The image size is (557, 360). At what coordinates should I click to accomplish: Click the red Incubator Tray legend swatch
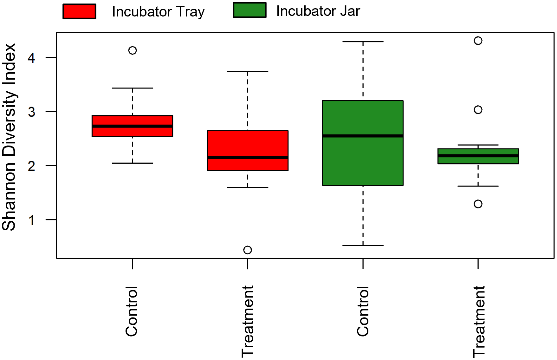(79, 12)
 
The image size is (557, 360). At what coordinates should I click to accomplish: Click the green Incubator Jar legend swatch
(249, 10)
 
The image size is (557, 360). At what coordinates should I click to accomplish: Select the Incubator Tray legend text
(158, 12)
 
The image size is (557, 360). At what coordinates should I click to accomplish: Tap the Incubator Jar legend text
(318, 11)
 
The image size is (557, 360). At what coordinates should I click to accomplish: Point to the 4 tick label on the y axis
(31, 58)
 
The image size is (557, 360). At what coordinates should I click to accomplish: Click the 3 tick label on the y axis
(31, 112)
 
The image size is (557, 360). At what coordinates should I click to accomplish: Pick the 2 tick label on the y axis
(31, 166)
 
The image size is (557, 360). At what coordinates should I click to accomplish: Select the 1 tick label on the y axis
(31, 220)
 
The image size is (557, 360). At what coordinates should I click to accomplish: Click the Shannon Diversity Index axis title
(9, 137)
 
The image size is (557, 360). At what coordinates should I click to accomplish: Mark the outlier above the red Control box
(133, 50)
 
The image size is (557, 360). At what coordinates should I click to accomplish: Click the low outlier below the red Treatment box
(248, 250)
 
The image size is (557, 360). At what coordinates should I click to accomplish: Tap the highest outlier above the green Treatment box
(478, 41)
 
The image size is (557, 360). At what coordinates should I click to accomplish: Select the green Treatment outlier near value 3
(478, 110)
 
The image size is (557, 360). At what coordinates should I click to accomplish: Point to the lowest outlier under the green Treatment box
(478, 204)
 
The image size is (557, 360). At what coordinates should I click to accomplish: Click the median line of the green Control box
(363, 136)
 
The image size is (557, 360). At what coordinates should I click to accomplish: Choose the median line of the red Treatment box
(248, 157)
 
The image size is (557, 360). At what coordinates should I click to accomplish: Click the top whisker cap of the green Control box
(363, 42)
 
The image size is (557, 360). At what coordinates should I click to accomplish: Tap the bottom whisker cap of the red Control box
(133, 163)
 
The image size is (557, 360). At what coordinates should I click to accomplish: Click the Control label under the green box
(363, 311)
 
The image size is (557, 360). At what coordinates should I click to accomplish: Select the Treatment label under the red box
(248, 321)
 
